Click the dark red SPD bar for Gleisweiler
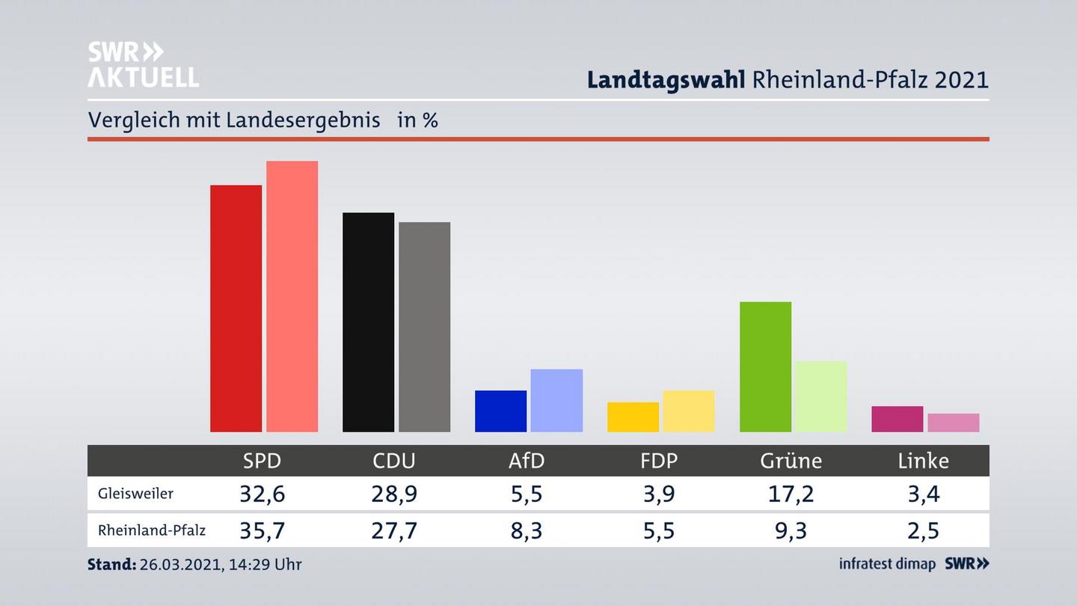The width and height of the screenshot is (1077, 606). [236, 308]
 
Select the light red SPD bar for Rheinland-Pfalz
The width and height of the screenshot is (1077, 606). [292, 296]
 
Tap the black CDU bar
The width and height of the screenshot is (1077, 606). [368, 322]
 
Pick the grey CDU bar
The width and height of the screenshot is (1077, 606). [424, 327]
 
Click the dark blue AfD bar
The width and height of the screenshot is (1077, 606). [500, 411]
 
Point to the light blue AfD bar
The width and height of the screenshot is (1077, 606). [556, 400]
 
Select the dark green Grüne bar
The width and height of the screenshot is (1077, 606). [765, 367]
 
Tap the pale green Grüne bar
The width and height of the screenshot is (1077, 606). [820, 397]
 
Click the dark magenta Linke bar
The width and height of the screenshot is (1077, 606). [897, 419]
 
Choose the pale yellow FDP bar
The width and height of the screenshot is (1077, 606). [688, 411]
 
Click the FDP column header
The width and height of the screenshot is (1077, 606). [659, 461]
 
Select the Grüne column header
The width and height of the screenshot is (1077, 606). [791, 461]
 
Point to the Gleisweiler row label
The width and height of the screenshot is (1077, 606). [135, 494]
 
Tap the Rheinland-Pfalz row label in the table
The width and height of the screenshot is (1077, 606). [151, 530]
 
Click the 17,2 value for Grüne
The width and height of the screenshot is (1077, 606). [791, 494]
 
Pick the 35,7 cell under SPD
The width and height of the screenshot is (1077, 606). [262, 530]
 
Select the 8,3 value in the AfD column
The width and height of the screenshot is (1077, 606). [527, 530]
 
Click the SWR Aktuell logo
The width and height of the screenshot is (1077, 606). [143, 64]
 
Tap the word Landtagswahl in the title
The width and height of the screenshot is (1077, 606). [665, 80]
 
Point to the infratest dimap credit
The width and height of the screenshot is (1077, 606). [887, 564]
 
